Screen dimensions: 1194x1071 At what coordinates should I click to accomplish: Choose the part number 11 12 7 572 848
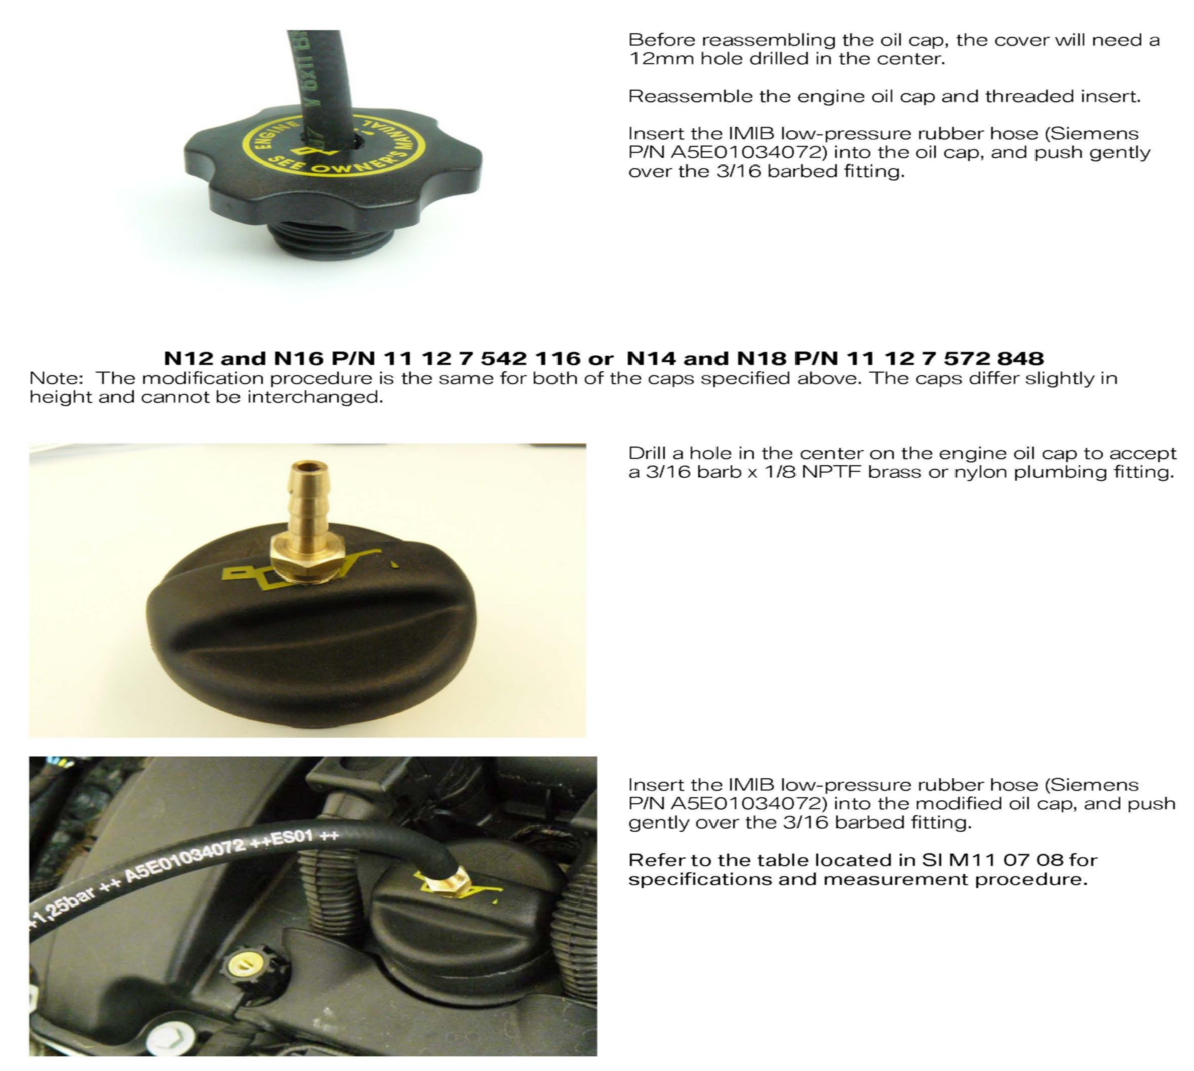(945, 358)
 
